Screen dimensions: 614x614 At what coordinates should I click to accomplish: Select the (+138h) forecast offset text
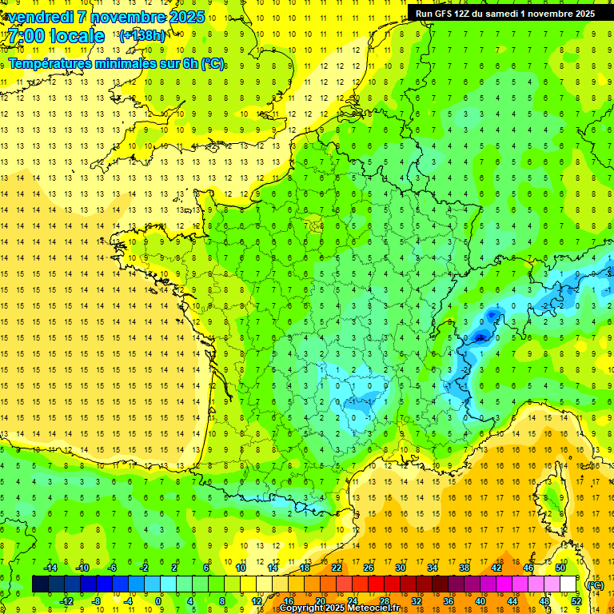[142, 35]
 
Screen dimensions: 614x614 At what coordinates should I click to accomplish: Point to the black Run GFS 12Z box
[504, 14]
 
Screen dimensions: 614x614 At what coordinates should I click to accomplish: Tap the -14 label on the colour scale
[50, 568]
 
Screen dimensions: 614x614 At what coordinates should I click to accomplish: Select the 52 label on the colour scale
[576, 601]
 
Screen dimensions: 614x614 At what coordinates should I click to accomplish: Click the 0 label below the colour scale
[158, 601]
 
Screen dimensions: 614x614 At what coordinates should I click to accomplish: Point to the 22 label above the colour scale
[337, 568]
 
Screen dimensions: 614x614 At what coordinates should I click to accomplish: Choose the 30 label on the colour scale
[400, 568]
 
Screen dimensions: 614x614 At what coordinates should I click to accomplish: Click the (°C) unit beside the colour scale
[594, 585]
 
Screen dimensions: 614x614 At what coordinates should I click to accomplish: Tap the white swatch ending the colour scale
[568, 584]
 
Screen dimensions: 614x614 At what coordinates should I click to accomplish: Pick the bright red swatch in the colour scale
[376, 584]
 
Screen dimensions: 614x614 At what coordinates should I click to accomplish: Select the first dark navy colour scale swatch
[40, 584]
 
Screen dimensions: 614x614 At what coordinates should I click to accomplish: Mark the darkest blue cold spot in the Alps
[480, 337]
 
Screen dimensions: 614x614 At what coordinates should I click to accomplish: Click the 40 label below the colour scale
[480, 601]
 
